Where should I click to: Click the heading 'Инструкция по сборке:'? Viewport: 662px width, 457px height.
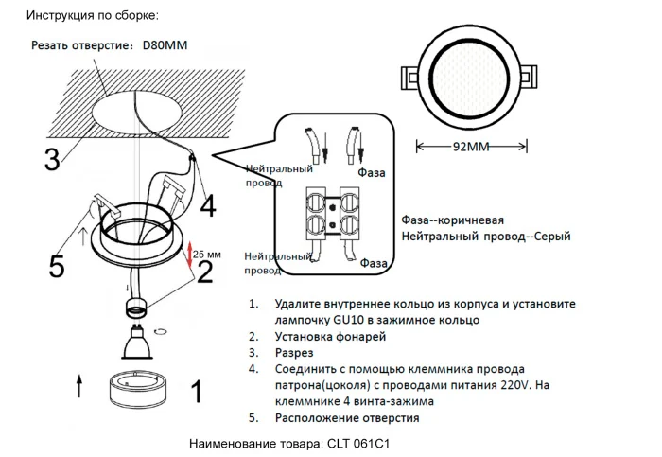point(93,16)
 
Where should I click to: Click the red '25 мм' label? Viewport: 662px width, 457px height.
point(207,255)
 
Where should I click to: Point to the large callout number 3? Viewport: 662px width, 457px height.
point(52,158)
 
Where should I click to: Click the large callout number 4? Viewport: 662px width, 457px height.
point(207,204)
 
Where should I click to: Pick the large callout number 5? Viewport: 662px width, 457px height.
point(57,268)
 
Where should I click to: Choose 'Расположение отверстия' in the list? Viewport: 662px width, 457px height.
point(347,417)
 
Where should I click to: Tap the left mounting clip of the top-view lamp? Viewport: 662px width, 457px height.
point(409,76)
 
